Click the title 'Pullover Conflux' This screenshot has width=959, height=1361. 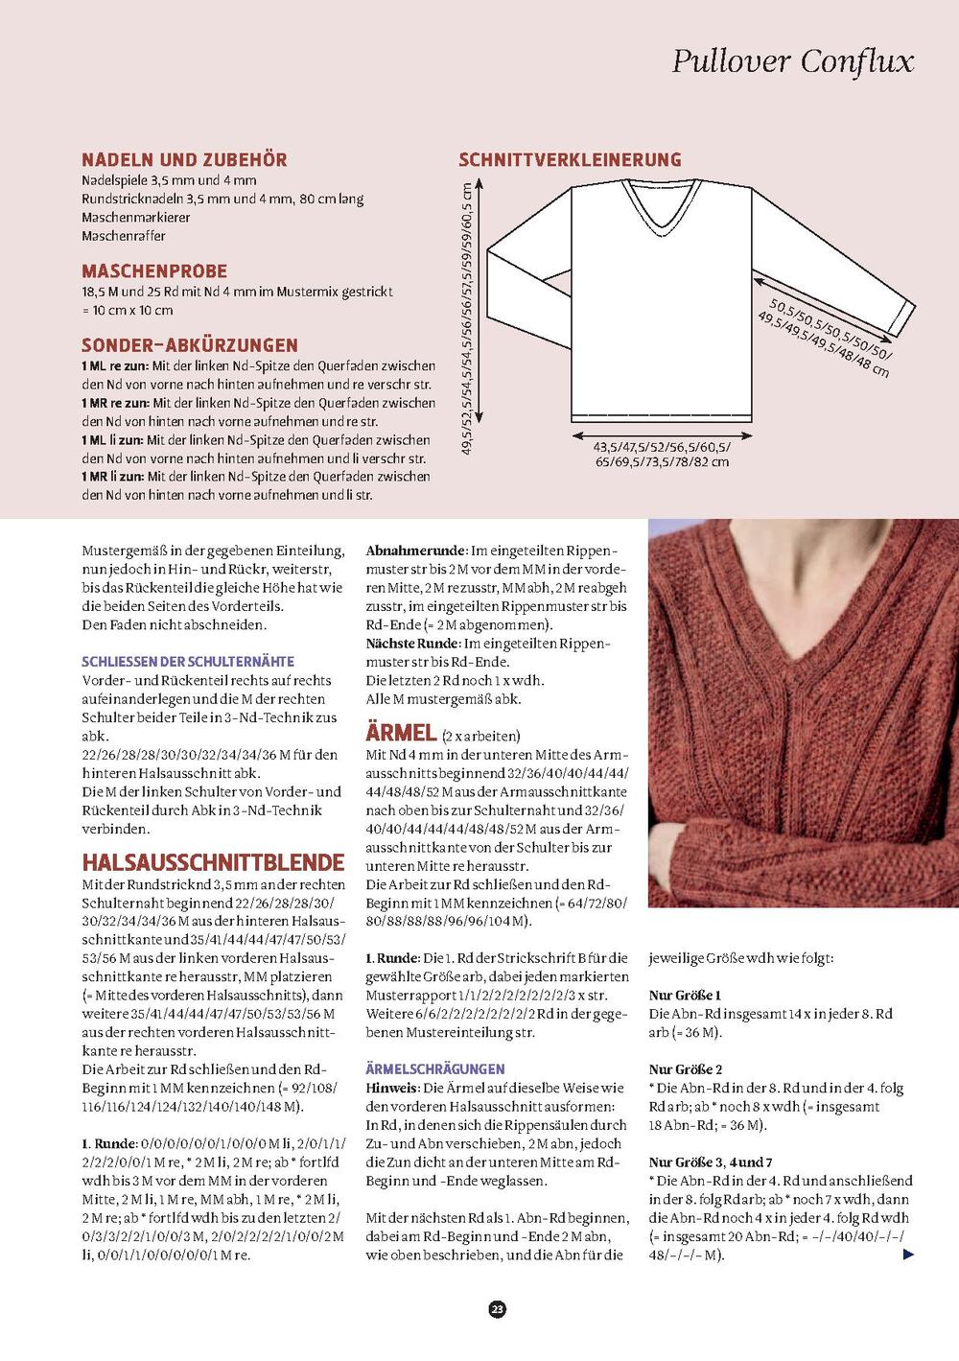(792, 61)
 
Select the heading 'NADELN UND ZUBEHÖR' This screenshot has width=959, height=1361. (184, 160)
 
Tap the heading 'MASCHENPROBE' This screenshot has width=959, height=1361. (154, 271)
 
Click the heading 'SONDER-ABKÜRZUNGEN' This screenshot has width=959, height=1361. (190, 345)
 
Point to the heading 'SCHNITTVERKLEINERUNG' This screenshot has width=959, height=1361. (570, 160)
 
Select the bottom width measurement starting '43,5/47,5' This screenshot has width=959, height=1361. (662, 454)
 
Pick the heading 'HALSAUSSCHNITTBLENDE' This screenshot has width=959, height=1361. (213, 861)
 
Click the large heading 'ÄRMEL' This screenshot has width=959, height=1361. (401, 733)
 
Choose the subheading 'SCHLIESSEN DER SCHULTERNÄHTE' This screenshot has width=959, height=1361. (188, 662)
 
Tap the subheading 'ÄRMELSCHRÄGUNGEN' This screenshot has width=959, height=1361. (435, 1068)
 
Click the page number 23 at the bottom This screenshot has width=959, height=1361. (497, 1309)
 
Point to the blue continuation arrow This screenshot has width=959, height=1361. (908, 1255)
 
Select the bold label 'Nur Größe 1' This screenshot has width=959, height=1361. (685, 996)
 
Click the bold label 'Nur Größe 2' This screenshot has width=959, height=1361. (686, 1069)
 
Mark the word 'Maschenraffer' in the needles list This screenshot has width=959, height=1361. (124, 236)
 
